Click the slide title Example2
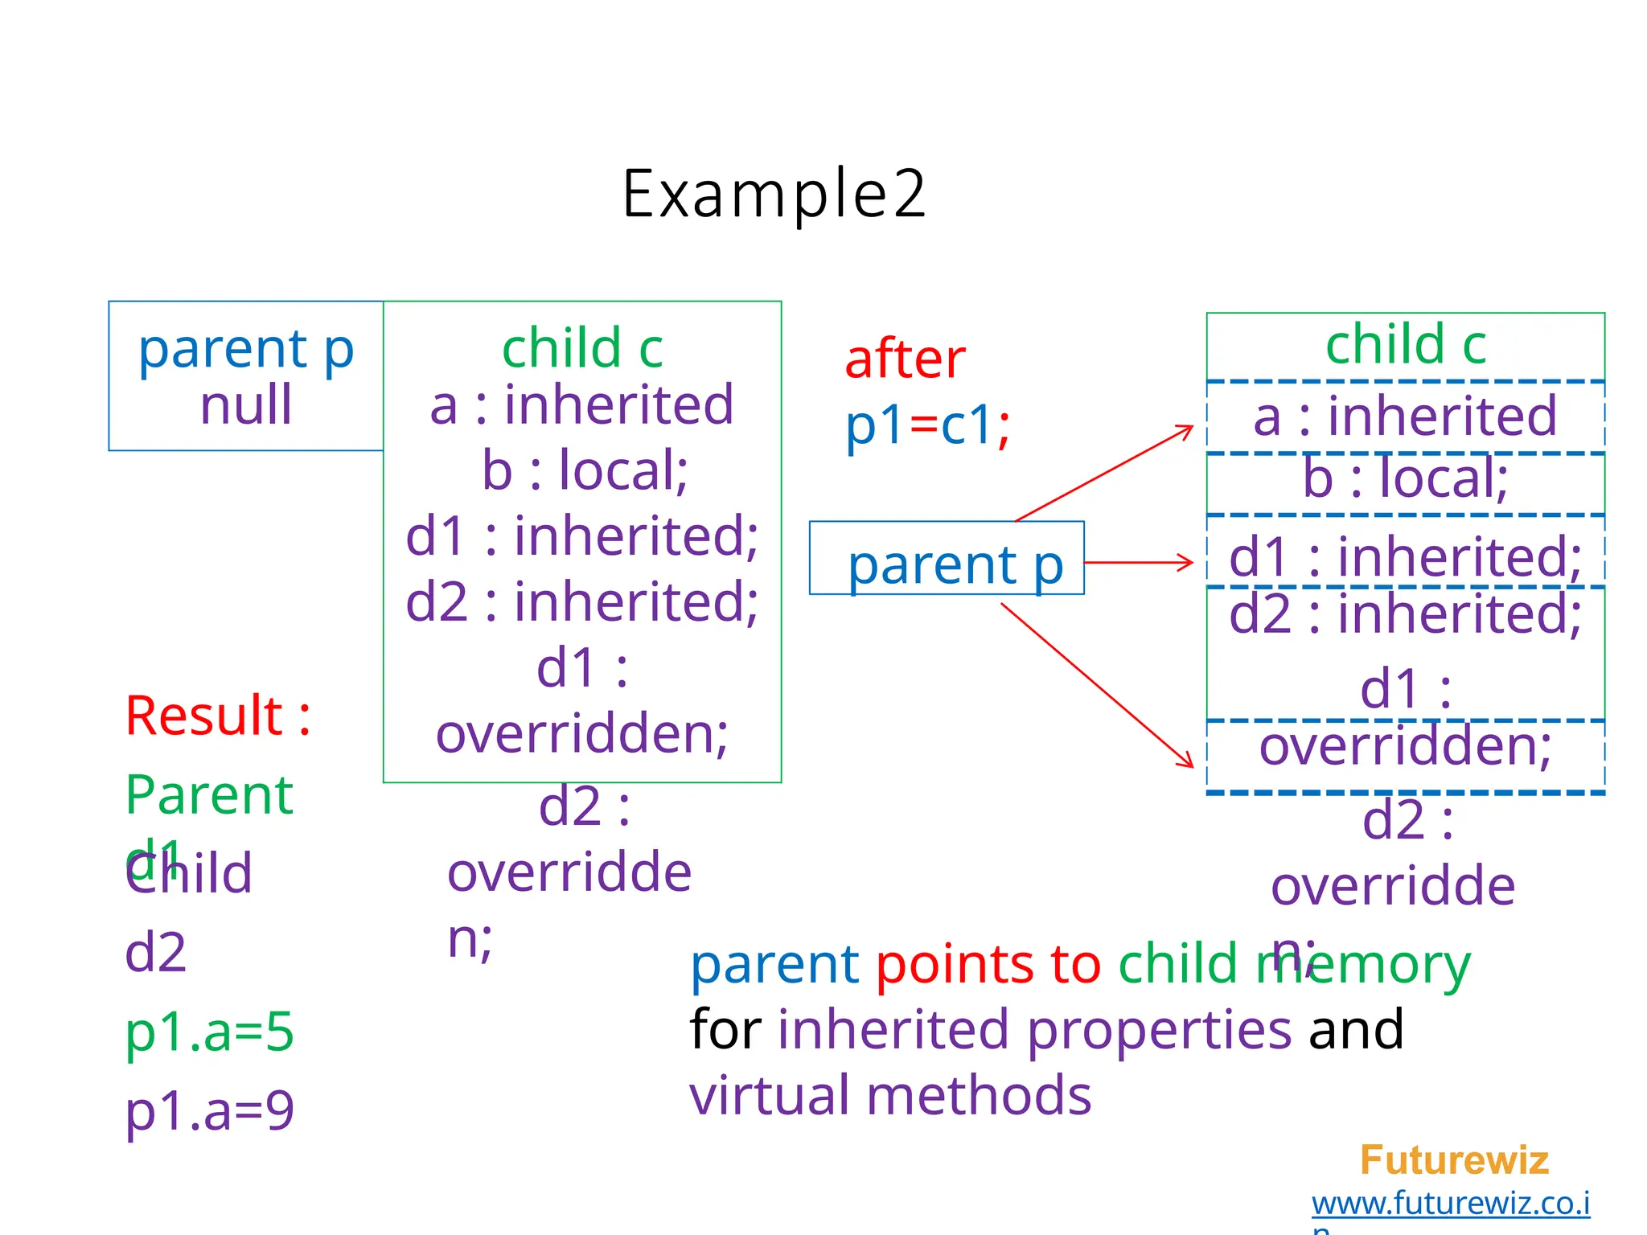click(x=774, y=194)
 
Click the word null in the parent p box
click(x=245, y=404)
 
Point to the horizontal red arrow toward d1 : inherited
click(x=1138, y=562)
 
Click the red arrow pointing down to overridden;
click(x=1098, y=685)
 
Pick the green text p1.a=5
click(x=209, y=1032)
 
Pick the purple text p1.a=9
click(x=209, y=1111)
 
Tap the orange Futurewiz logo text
click(x=1453, y=1160)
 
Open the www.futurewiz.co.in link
click(x=1450, y=1204)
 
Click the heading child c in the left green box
click(x=582, y=348)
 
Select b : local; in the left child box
click(x=585, y=470)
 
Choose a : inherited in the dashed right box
click(x=1405, y=416)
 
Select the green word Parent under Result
click(x=209, y=795)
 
